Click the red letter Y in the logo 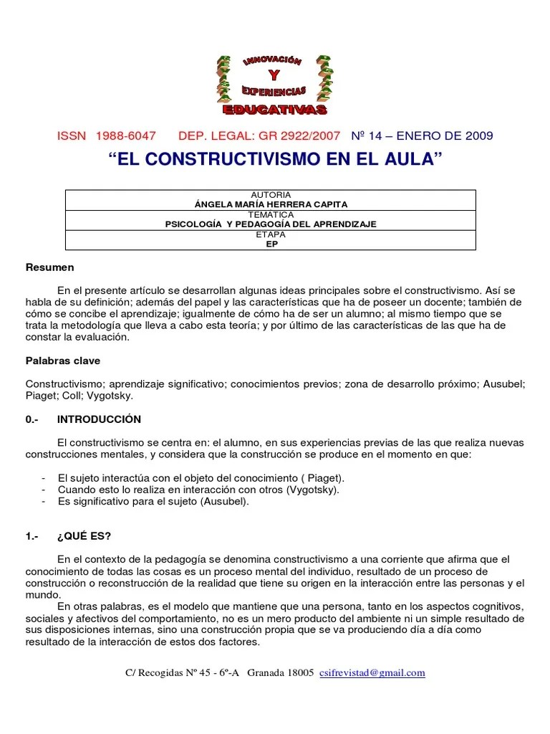273,77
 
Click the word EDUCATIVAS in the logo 274,110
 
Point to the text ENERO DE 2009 444,136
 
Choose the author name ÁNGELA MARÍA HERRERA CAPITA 271,204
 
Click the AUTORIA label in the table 271,195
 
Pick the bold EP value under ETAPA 271,244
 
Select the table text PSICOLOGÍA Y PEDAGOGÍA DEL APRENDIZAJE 271,224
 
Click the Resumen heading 49,267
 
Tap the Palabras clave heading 63,361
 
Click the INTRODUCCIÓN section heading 99,419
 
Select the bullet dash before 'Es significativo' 44,502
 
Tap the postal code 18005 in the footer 299,673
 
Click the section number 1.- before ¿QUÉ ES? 33,536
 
